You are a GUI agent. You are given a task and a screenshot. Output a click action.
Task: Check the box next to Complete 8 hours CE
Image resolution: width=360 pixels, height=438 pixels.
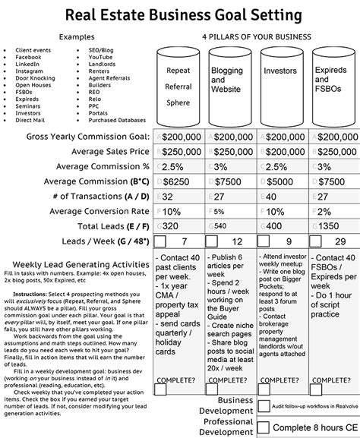click(264, 427)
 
